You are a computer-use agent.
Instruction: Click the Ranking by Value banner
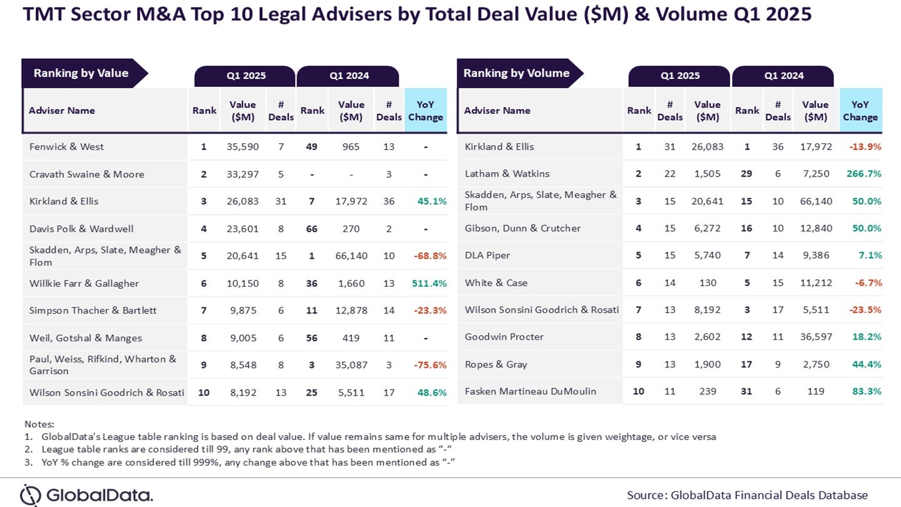pos(81,73)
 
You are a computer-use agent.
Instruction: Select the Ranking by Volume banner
pos(516,73)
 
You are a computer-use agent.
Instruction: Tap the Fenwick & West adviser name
pos(66,146)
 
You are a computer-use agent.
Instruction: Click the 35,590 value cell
pos(242,146)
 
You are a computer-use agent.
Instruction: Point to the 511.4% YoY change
pos(429,284)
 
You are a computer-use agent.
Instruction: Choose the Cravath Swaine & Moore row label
pos(86,174)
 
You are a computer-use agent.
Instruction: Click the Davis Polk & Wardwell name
pos(81,228)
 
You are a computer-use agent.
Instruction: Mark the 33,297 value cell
pos(242,174)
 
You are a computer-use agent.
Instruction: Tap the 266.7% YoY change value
pos(864,173)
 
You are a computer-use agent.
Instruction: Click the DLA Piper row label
pos(487,255)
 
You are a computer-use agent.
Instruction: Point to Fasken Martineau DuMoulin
pos(530,391)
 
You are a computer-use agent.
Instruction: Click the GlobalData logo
pos(86,495)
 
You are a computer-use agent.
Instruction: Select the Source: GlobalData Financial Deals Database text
pos(747,495)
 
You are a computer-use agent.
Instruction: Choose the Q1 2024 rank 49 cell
pos(312,146)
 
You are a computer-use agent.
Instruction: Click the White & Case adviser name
pos(496,282)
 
